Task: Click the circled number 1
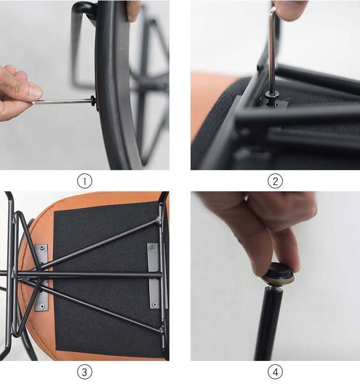point(84,181)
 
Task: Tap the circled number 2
point(276,181)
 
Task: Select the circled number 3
point(84,372)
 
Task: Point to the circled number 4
point(276,372)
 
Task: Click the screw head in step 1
point(93,101)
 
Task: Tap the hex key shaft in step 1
point(62,101)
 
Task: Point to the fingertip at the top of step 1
point(133,11)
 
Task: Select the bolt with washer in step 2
point(272,97)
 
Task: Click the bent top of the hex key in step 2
point(272,12)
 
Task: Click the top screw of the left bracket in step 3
point(43,248)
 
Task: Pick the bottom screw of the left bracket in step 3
point(42,306)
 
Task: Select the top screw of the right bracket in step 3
point(152,246)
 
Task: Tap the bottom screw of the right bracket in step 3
point(155,305)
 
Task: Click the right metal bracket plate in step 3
point(153,276)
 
